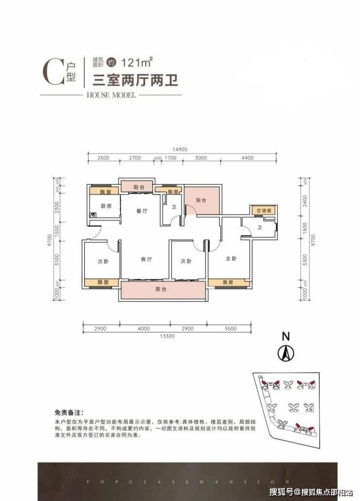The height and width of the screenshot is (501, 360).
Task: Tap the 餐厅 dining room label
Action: click(142, 211)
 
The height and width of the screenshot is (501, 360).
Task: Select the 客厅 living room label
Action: click(147, 259)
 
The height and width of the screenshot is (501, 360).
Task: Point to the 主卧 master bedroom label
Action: click(231, 259)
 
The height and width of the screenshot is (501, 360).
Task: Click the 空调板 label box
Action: click(263, 211)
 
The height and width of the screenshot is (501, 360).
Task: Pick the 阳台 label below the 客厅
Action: click(162, 289)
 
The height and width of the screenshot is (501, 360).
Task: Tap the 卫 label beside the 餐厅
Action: click(172, 206)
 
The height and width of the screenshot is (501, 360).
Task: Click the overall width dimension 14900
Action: click(180, 149)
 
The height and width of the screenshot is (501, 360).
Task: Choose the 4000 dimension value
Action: click(144, 329)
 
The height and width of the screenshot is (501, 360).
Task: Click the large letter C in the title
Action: click(52, 72)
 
